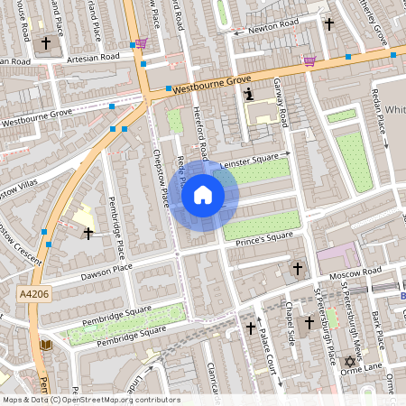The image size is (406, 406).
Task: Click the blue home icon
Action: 203,194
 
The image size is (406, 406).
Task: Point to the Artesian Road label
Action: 93,57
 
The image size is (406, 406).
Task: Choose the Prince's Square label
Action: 263,236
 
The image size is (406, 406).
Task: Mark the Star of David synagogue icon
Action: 350,362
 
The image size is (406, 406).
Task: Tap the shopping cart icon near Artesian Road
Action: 141,42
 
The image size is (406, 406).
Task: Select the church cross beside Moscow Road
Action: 298,268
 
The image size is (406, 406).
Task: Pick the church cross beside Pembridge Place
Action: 88,234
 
